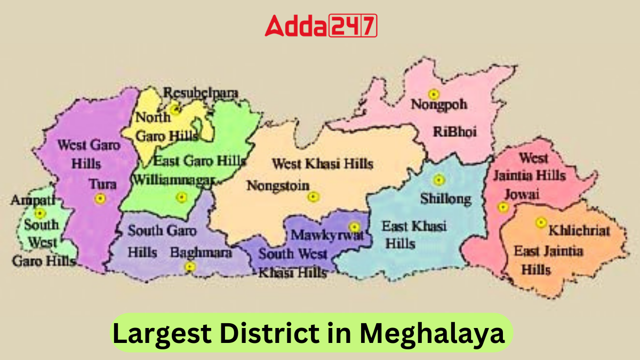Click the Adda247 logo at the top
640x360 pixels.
point(321,25)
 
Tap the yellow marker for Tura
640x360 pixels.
point(99,198)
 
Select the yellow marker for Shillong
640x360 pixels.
point(438,180)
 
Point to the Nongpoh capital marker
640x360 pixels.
point(434,94)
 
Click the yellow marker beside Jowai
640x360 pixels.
point(502,207)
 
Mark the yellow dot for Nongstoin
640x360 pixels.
point(313,197)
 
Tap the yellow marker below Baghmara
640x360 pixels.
point(190,266)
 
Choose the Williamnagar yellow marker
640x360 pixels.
point(181,197)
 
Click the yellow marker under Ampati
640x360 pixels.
point(40,213)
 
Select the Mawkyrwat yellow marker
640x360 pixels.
point(354,228)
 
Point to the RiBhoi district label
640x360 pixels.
point(454,131)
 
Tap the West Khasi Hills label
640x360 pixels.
point(322,163)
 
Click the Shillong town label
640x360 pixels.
point(445,199)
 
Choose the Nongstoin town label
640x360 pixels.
point(277,186)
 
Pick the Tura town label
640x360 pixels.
point(103,184)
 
